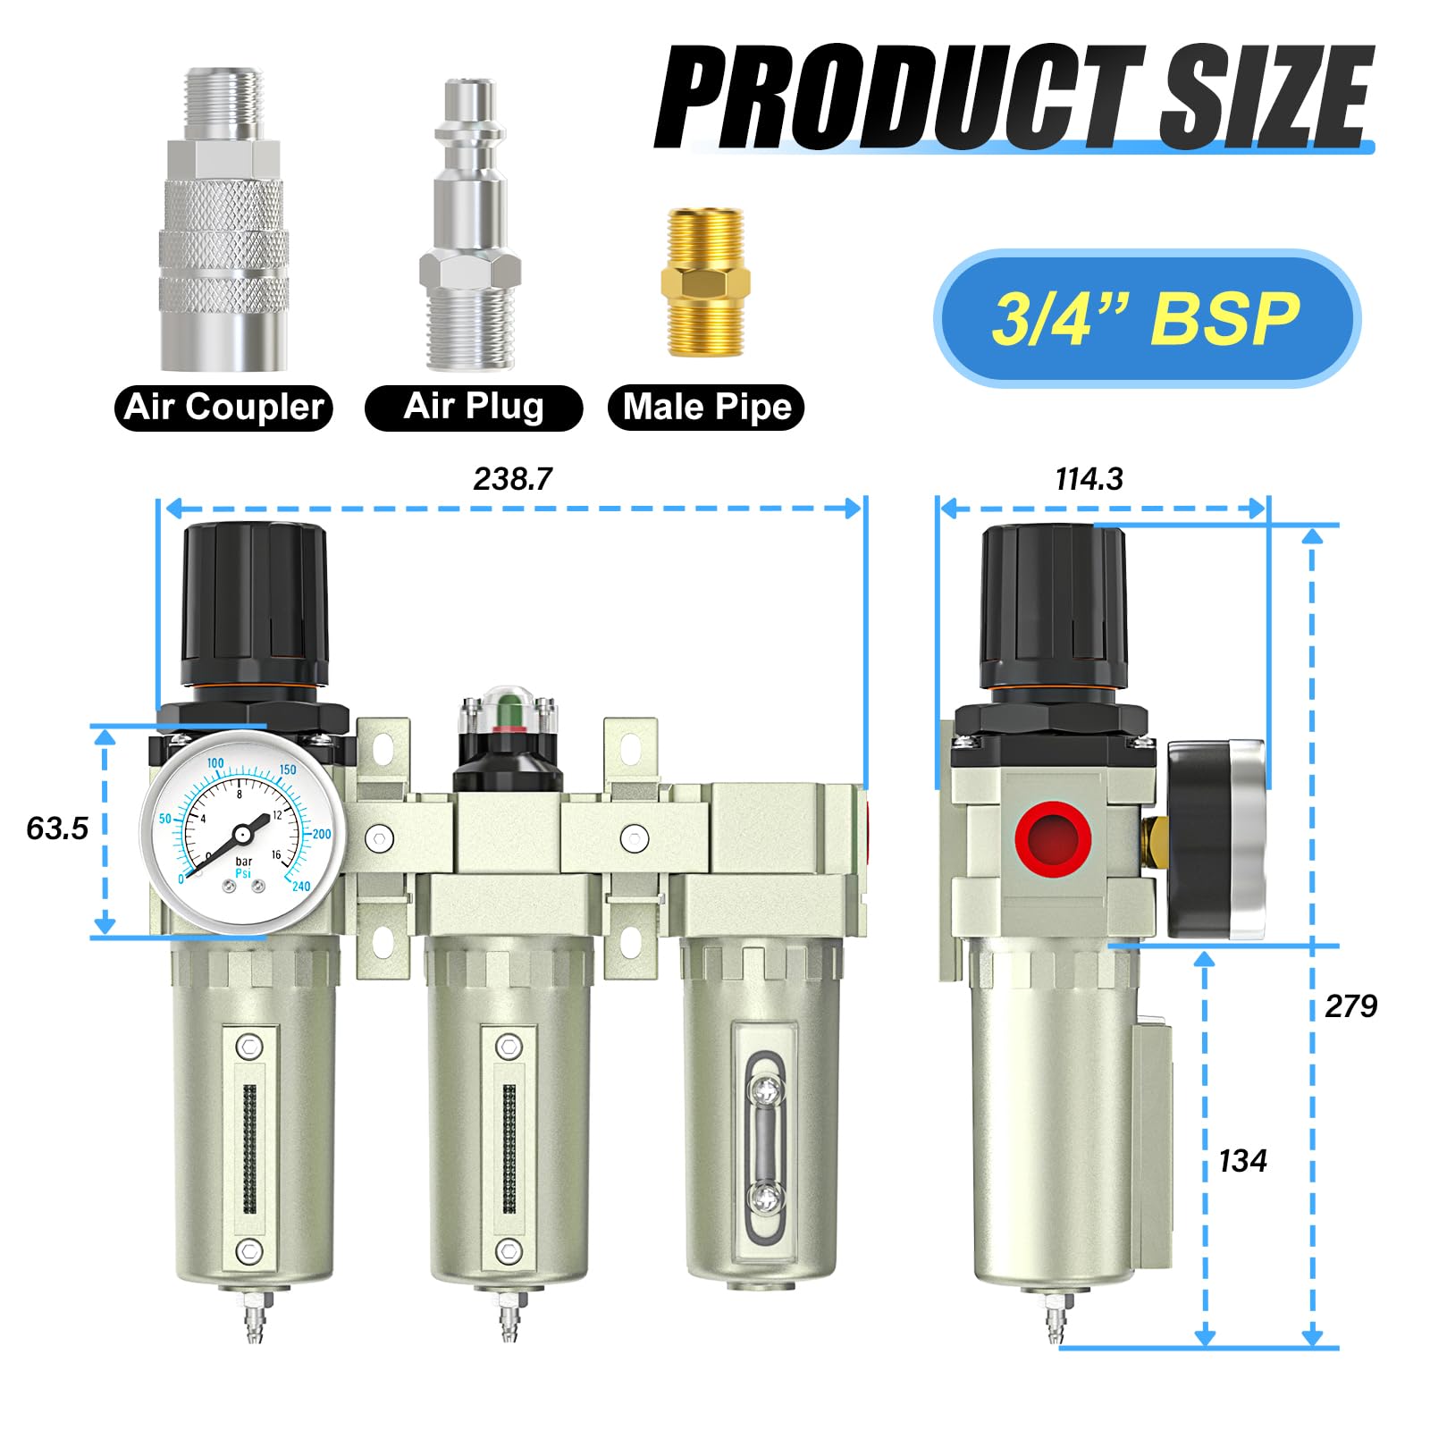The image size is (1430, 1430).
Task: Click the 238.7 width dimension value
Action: [x=513, y=479]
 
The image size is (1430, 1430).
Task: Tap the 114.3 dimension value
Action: [x=1089, y=479]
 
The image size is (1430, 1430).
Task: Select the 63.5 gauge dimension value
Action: [x=57, y=829]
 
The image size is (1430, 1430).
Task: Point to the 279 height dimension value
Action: [x=1350, y=1006]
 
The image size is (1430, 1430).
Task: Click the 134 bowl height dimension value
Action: [x=1242, y=1161]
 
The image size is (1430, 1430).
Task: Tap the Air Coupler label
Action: [x=223, y=408]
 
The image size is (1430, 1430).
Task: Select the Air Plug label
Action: [x=474, y=408]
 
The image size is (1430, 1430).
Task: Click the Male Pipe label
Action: [x=706, y=408]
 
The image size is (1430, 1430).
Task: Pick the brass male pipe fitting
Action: [x=706, y=282]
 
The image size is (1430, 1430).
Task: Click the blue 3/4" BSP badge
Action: [x=1147, y=319]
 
